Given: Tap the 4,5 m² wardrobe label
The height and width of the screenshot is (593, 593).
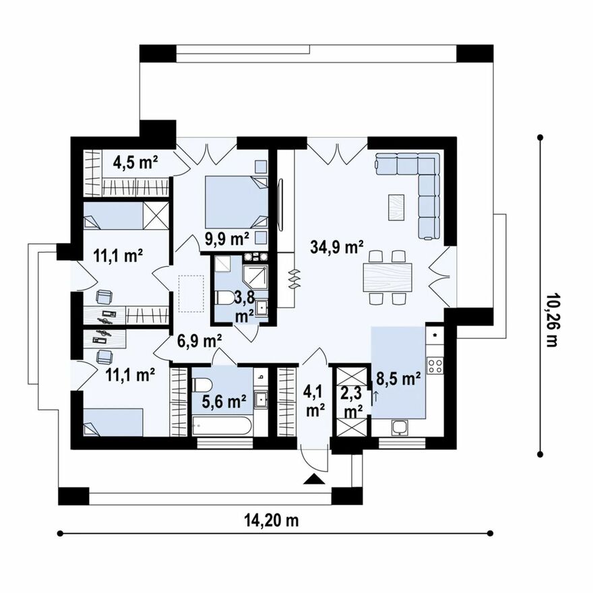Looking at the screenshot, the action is click(x=135, y=162).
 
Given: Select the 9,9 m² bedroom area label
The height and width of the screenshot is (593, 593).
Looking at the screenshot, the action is click(x=227, y=239).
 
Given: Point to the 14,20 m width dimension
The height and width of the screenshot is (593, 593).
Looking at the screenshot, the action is click(x=271, y=520).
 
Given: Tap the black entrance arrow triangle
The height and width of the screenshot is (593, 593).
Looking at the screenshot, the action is click(x=314, y=479).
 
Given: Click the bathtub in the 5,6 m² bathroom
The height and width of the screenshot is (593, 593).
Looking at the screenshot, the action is click(x=222, y=426).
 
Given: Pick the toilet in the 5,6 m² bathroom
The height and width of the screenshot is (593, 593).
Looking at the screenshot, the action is click(x=203, y=385).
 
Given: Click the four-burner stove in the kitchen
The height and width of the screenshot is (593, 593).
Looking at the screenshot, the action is click(x=435, y=365).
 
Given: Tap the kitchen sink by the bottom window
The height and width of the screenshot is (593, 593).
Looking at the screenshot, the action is click(x=400, y=428).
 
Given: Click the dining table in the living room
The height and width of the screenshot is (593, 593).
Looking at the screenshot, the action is click(x=387, y=277).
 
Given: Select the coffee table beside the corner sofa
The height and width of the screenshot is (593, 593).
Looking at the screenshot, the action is click(x=396, y=207).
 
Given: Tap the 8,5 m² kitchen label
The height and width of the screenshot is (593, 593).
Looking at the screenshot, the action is click(x=399, y=378).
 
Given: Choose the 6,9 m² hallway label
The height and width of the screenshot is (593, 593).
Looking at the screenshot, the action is click(x=199, y=341).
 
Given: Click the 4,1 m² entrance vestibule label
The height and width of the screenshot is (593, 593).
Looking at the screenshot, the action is click(x=314, y=401).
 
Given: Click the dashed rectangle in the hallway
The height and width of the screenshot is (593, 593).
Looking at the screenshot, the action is click(x=191, y=294).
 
